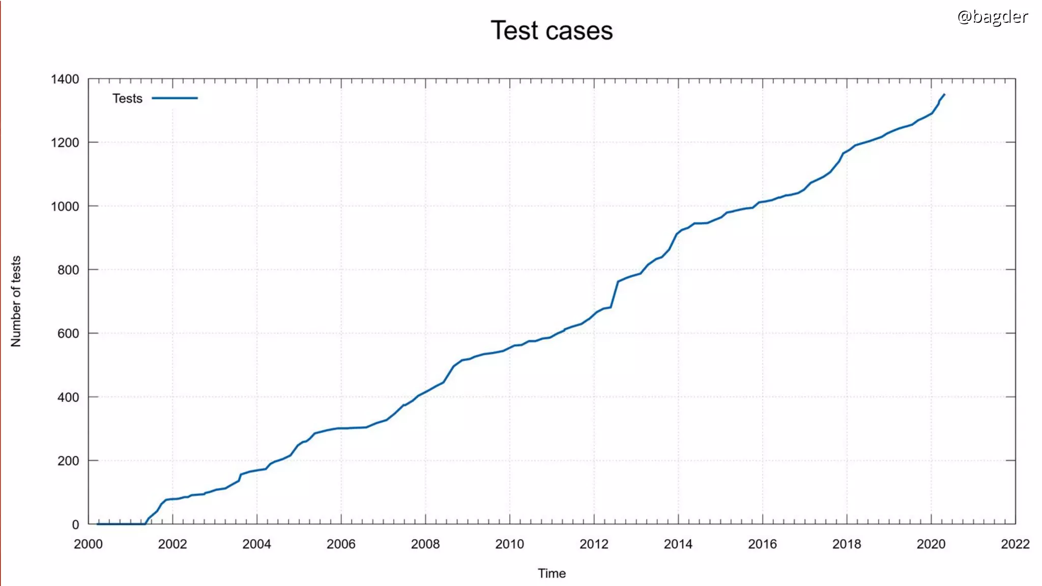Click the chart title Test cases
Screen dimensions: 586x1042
click(552, 31)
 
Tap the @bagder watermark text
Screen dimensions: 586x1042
click(992, 17)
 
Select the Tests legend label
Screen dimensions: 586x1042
click(127, 98)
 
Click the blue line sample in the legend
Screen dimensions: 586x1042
click(175, 98)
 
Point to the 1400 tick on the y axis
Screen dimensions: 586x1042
click(65, 79)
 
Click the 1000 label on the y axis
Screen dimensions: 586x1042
click(65, 207)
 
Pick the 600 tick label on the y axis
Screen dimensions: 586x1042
click(68, 334)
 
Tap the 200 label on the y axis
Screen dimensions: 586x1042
click(68, 461)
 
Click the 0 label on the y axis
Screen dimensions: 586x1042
click(75, 524)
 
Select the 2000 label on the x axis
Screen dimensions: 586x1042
click(88, 544)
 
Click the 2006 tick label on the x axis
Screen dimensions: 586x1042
click(341, 544)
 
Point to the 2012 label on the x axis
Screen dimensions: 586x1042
click(594, 544)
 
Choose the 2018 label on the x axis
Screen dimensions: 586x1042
click(847, 544)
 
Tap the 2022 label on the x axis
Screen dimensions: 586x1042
click(1015, 544)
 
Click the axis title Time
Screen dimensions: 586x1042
click(552, 573)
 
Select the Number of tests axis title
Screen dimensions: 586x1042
click(16, 301)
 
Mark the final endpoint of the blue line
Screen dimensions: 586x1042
click(944, 94)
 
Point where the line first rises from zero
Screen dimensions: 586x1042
click(146, 523)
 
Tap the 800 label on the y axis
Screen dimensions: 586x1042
click(68, 270)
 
